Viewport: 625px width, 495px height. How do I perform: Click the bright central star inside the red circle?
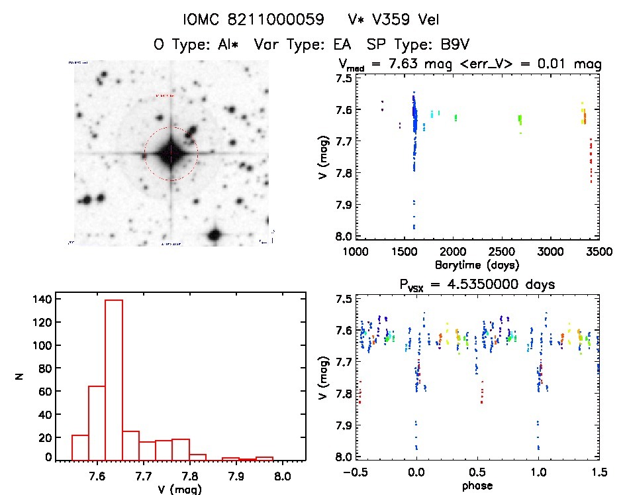(171, 154)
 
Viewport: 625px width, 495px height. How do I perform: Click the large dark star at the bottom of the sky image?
(214, 235)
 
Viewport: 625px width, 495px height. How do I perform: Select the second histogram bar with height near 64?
(97, 423)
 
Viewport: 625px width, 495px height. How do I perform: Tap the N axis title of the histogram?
(20, 377)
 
